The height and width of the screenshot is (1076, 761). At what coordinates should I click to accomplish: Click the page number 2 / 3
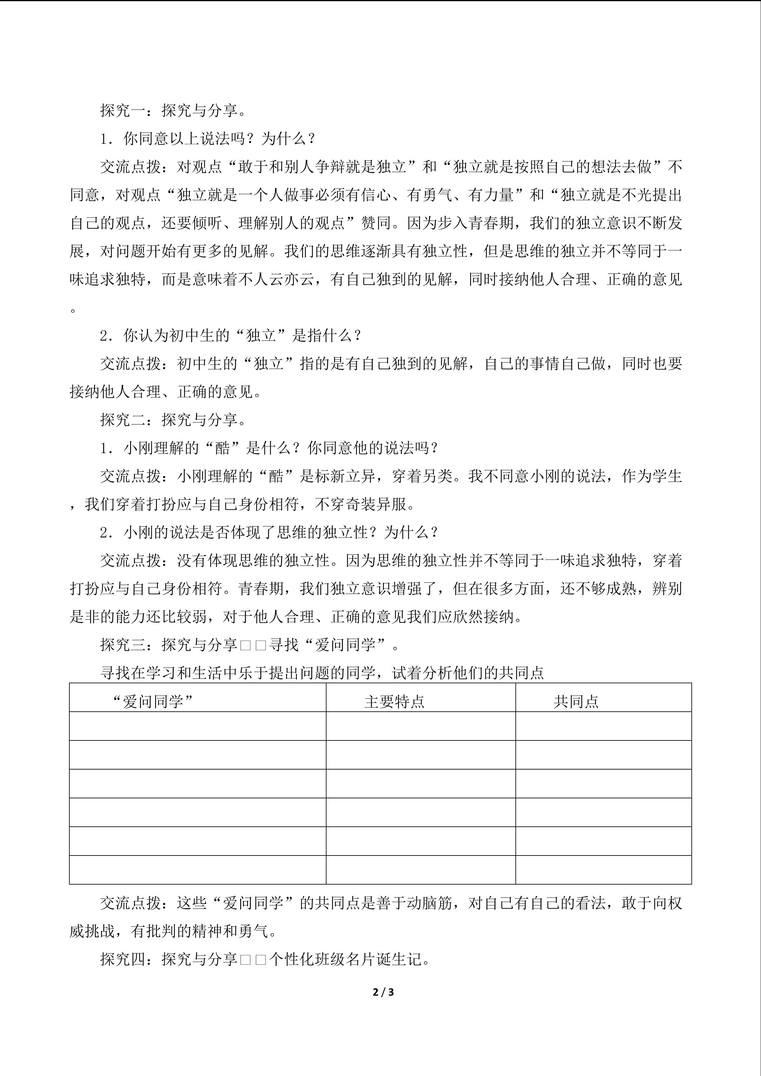(x=383, y=992)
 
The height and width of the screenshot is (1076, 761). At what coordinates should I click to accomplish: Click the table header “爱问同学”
(x=153, y=701)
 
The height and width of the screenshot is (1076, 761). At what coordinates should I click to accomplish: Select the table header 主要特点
(x=394, y=701)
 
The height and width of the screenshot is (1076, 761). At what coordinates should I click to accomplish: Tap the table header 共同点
(x=576, y=701)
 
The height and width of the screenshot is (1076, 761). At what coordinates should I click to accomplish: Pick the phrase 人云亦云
(x=291, y=280)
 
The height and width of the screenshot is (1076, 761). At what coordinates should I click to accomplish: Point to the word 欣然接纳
(x=484, y=617)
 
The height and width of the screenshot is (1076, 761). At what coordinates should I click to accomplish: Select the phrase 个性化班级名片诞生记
(x=349, y=959)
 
